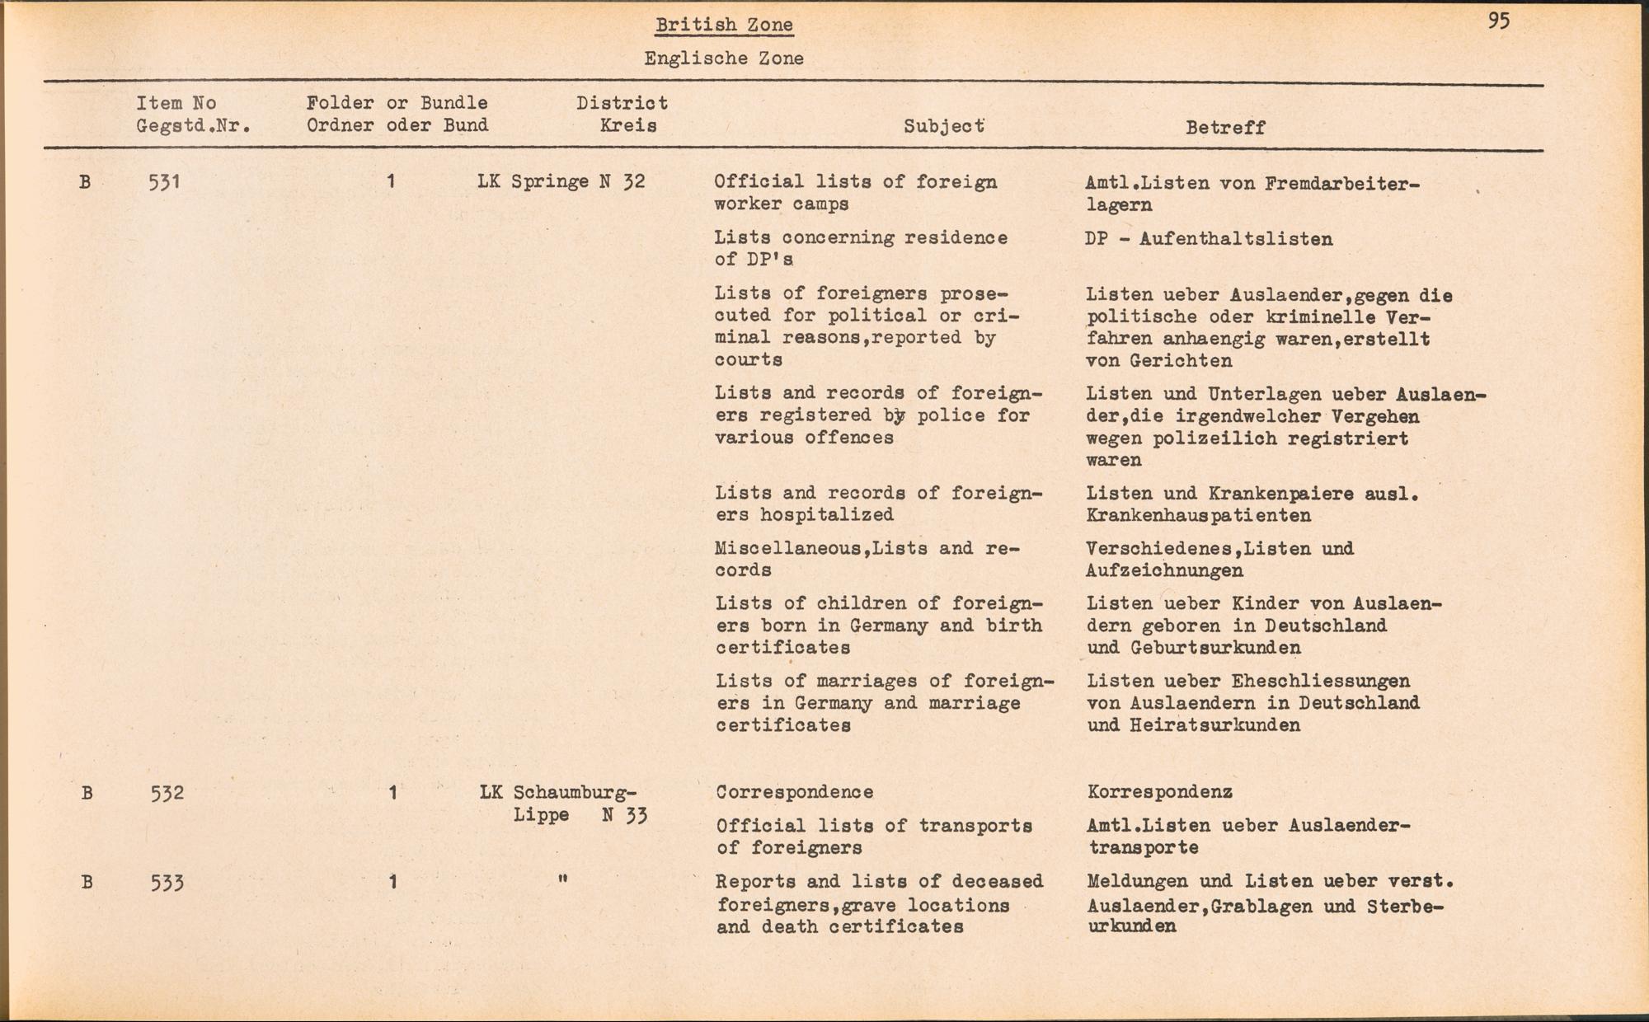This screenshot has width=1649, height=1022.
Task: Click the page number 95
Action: tap(1499, 21)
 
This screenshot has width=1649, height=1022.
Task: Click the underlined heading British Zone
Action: tap(724, 25)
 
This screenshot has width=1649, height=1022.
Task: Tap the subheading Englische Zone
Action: tap(724, 59)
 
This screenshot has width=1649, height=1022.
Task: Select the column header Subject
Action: tap(944, 126)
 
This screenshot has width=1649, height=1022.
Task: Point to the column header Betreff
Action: tap(1225, 127)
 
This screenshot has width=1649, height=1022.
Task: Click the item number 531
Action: tap(164, 181)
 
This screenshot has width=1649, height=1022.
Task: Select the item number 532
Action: tap(167, 793)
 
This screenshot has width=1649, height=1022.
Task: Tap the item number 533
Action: tap(167, 883)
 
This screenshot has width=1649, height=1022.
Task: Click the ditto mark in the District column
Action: tap(562, 879)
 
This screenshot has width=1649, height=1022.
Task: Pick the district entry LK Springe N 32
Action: tap(561, 181)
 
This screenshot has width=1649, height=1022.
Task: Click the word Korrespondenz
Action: tap(1159, 792)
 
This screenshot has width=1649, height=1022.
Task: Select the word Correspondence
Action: tap(794, 792)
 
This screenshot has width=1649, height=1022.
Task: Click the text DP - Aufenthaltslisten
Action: tap(1209, 239)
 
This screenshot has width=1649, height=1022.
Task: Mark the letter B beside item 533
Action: tap(87, 883)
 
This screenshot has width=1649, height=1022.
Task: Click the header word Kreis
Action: tap(628, 126)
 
